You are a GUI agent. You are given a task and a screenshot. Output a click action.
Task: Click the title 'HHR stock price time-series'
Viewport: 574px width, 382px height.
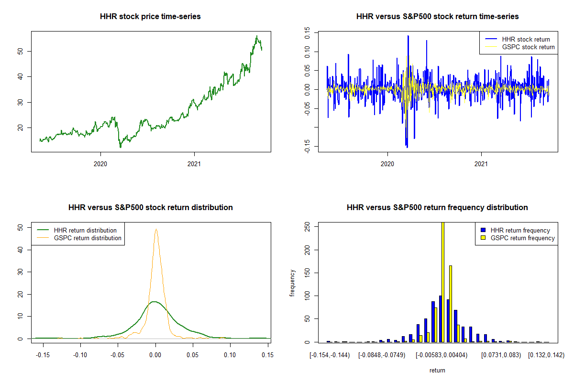pyautogui.click(x=150, y=17)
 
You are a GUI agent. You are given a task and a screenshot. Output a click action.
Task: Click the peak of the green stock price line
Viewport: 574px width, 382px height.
pyautogui.click(x=256, y=36)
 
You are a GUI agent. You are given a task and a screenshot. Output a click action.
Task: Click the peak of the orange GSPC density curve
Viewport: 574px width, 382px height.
pyautogui.click(x=156, y=229)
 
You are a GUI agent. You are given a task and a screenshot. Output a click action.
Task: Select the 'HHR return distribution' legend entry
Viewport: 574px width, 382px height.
pyautogui.click(x=85, y=230)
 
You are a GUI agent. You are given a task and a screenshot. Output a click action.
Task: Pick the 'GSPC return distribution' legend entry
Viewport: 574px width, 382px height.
pyautogui.click(x=88, y=238)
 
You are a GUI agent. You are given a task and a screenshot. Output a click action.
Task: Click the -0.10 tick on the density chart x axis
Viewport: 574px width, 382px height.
pyautogui.click(x=80, y=354)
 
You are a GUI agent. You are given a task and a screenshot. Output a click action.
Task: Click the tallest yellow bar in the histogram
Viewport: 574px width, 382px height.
pyautogui.click(x=443, y=282)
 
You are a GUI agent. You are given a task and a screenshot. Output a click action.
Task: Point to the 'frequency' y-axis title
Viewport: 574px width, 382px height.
pyautogui.click(x=293, y=283)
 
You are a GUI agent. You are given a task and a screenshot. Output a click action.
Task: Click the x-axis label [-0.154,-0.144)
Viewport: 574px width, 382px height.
pyautogui.click(x=330, y=355)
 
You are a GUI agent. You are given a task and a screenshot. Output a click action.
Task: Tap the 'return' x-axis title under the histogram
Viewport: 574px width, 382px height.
pyautogui.click(x=437, y=370)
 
